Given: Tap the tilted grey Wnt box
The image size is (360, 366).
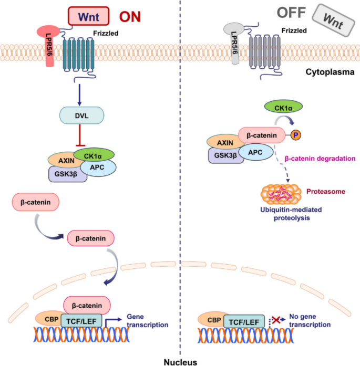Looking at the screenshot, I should (330, 20).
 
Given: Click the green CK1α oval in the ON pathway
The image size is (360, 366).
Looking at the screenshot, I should (95, 155).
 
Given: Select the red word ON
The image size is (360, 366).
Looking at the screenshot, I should (129, 16).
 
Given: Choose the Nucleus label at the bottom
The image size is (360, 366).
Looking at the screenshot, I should (180, 361).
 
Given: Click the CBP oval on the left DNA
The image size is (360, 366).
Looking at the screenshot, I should (47, 319).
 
